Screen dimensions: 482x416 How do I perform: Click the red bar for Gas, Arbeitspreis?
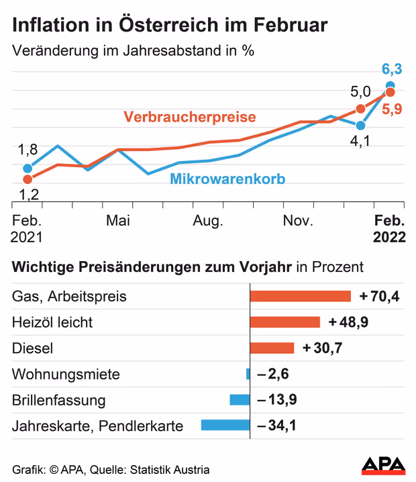click(301, 296)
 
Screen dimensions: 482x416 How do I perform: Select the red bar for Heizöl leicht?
click(285, 322)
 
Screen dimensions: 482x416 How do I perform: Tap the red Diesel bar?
click(272, 348)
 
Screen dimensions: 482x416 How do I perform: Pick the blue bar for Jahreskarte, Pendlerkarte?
click(225, 425)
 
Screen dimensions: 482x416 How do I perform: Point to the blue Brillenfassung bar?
click(240, 399)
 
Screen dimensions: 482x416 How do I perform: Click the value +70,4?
click(379, 296)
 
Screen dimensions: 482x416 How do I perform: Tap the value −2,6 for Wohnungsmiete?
click(274, 374)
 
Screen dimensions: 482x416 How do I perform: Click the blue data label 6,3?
click(392, 69)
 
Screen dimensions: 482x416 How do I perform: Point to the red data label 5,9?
click(392, 109)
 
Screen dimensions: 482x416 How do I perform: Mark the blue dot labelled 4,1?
click(360, 125)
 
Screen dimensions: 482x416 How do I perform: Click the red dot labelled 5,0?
click(360, 109)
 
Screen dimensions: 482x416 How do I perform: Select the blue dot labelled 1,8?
click(28, 168)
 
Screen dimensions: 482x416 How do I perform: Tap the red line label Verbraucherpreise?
click(190, 117)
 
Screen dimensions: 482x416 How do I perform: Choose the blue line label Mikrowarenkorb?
click(227, 179)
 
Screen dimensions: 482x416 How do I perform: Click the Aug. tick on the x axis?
click(207, 221)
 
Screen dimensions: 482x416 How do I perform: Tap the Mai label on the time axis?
click(118, 221)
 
